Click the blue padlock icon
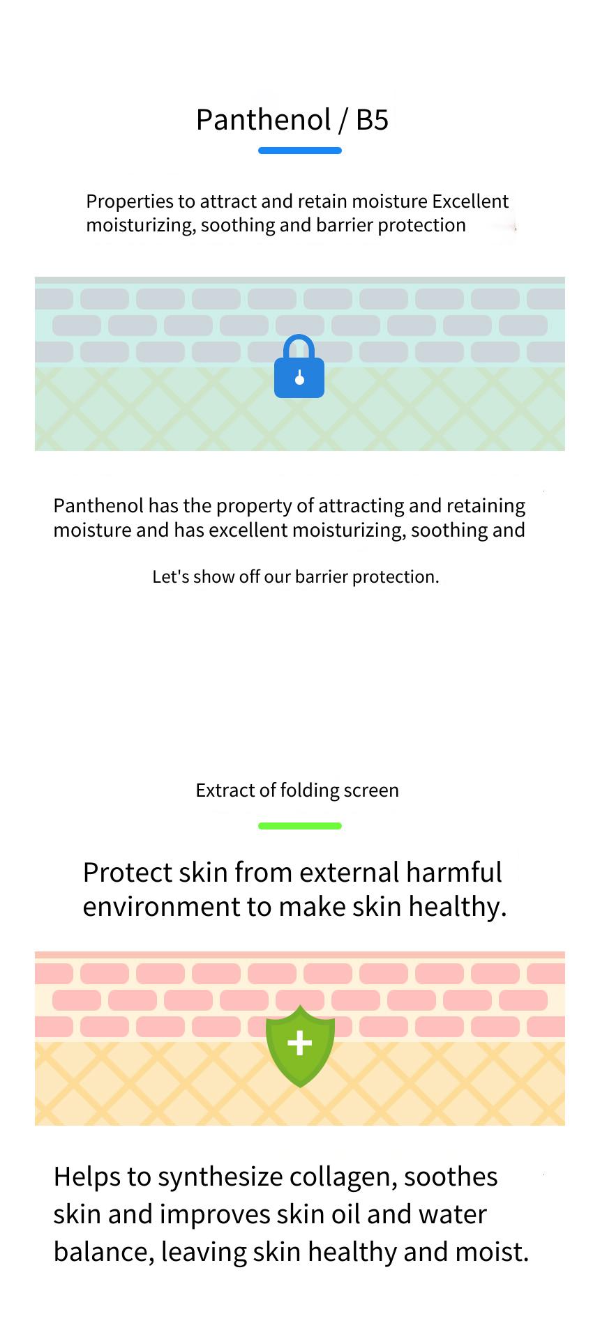tap(299, 367)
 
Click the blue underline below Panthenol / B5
tap(300, 151)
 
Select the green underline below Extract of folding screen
tap(300, 826)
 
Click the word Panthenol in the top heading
tap(263, 120)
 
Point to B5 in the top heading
tap(372, 120)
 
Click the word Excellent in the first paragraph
tap(470, 201)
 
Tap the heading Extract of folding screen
tap(297, 790)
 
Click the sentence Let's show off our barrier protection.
tap(296, 577)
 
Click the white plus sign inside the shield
tap(300, 1043)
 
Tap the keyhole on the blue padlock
tap(300, 378)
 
